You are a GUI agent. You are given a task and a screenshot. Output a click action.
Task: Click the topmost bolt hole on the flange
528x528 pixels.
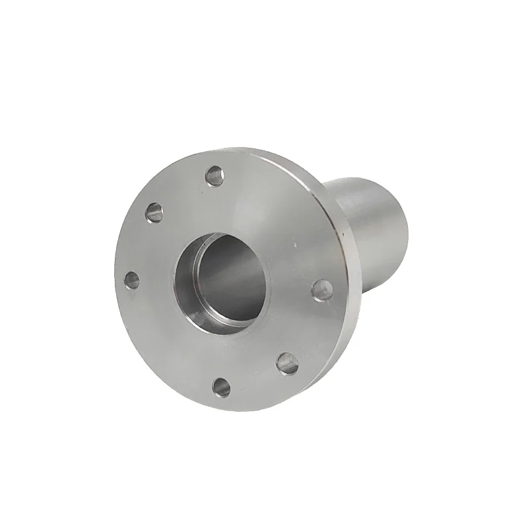coord(214,176)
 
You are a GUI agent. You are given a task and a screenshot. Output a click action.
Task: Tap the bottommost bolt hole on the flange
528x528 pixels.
coord(222,387)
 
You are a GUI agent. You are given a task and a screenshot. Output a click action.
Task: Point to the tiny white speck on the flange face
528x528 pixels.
coord(301,242)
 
